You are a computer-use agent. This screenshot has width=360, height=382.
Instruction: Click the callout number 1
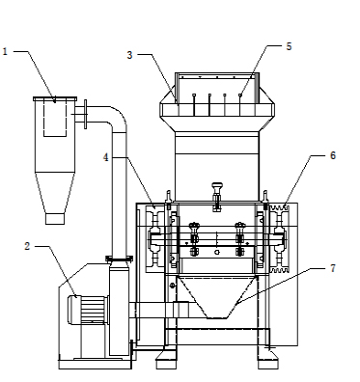click(5, 51)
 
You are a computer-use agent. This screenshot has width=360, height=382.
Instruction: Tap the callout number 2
click(27, 247)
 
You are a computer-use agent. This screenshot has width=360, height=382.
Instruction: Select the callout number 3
click(129, 55)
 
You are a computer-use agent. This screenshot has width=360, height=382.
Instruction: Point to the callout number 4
click(106, 157)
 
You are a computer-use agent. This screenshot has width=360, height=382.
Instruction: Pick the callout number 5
click(289, 46)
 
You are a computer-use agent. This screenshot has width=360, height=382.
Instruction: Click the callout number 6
click(333, 155)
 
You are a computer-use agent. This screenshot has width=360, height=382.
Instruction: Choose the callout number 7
click(333, 268)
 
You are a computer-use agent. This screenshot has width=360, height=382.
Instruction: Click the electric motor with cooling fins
click(87, 310)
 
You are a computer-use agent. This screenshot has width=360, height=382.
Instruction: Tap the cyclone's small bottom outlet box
click(55, 219)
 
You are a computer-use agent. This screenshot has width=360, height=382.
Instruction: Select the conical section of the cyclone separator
click(55, 192)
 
